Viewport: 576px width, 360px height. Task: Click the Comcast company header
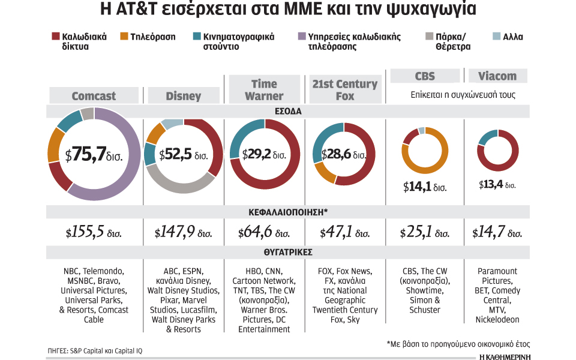click(94, 96)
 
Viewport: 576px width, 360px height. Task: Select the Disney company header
click(183, 96)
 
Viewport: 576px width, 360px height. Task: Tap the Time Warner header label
click(264, 90)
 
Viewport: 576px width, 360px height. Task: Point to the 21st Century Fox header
click(344, 90)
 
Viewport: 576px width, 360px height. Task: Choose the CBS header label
click(425, 76)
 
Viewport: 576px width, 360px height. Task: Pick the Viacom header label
click(497, 76)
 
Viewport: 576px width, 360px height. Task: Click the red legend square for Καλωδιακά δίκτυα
click(56, 37)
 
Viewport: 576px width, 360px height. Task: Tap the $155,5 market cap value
click(94, 233)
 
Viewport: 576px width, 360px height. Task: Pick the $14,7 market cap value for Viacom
click(497, 233)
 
